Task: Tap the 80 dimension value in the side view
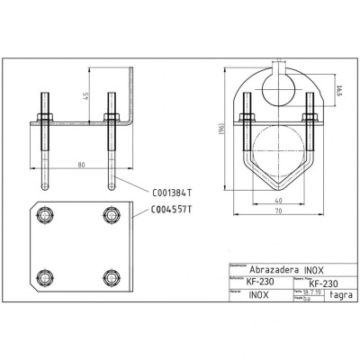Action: tap(81, 166)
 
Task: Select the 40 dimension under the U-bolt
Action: tap(279, 200)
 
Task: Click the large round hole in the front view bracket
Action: tap(279, 86)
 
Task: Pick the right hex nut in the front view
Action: tap(308, 116)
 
